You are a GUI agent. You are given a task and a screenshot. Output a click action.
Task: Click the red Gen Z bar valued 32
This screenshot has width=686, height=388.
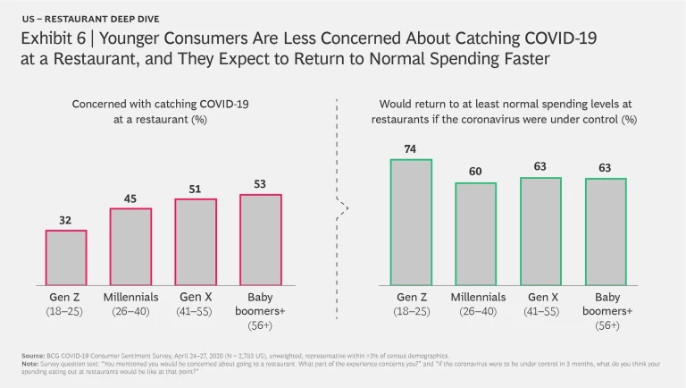click(66, 257)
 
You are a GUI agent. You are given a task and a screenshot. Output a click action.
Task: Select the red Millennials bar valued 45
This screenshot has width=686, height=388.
click(130, 246)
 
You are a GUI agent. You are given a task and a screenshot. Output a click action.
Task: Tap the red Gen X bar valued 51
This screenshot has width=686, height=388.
click(196, 240)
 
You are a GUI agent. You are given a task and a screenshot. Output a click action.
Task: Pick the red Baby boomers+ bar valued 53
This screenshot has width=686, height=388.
click(260, 239)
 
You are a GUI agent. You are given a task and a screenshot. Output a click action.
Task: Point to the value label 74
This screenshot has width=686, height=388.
click(412, 148)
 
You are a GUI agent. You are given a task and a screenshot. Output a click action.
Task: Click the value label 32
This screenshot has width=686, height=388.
click(66, 220)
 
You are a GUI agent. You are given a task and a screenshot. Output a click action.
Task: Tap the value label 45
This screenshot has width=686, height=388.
click(130, 198)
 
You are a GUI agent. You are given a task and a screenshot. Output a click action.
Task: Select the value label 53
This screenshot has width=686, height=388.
click(260, 183)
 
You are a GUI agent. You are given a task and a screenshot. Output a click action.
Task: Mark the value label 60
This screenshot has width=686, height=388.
click(477, 172)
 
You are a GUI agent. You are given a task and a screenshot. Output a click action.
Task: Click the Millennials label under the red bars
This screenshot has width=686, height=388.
click(130, 297)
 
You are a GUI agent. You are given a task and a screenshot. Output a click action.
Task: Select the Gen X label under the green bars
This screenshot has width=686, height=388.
click(542, 297)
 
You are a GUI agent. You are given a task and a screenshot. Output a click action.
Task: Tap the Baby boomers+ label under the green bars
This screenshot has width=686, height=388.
click(607, 304)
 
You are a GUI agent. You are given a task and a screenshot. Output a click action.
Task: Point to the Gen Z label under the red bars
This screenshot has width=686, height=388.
click(66, 297)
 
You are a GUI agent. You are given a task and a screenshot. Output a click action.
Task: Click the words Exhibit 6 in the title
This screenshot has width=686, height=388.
click(52, 39)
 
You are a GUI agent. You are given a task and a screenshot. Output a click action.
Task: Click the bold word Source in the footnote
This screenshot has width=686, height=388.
click(32, 356)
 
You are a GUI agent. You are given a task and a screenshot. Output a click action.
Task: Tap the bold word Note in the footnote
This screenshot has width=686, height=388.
click(29, 363)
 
